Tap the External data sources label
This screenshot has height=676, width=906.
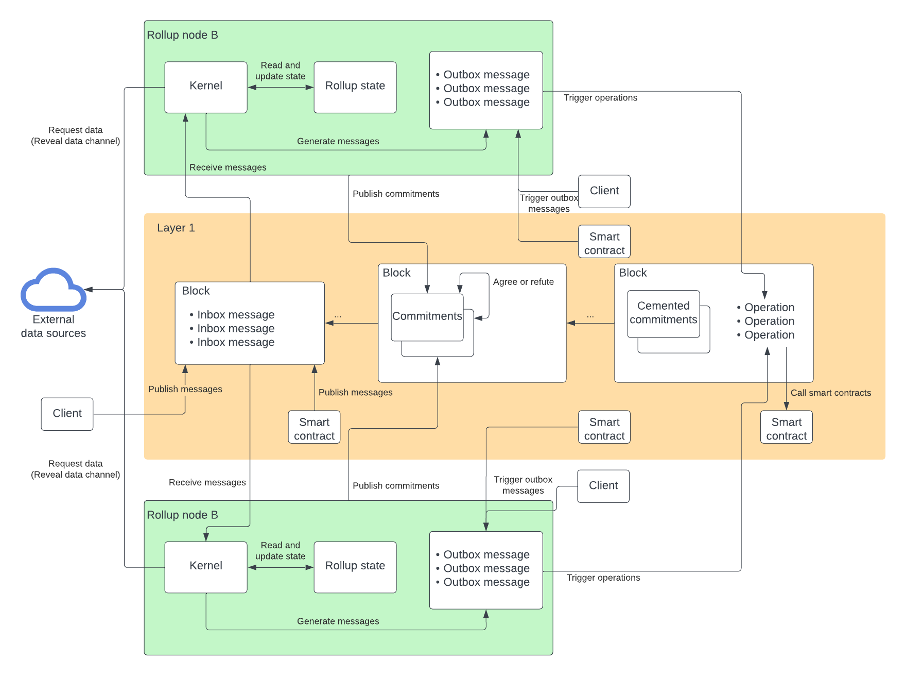[x=54, y=326]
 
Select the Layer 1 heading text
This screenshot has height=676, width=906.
[x=176, y=228]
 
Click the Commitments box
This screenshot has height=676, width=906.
[x=427, y=316]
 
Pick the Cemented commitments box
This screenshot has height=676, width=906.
[x=663, y=313]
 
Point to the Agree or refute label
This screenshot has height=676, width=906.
[x=523, y=282]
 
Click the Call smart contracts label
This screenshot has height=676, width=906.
[x=830, y=393]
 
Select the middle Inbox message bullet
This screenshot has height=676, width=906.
[x=235, y=328]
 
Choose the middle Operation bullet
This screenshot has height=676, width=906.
[x=769, y=321]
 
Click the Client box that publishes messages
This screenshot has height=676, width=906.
[x=67, y=414]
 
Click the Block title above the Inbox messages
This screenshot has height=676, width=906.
[x=196, y=291]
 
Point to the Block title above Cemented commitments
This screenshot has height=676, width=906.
[x=633, y=273]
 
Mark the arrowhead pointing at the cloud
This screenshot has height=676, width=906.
[x=88, y=290]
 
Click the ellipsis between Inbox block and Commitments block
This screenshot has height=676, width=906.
[x=338, y=315]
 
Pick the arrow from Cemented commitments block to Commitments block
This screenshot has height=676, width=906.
[x=590, y=323]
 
